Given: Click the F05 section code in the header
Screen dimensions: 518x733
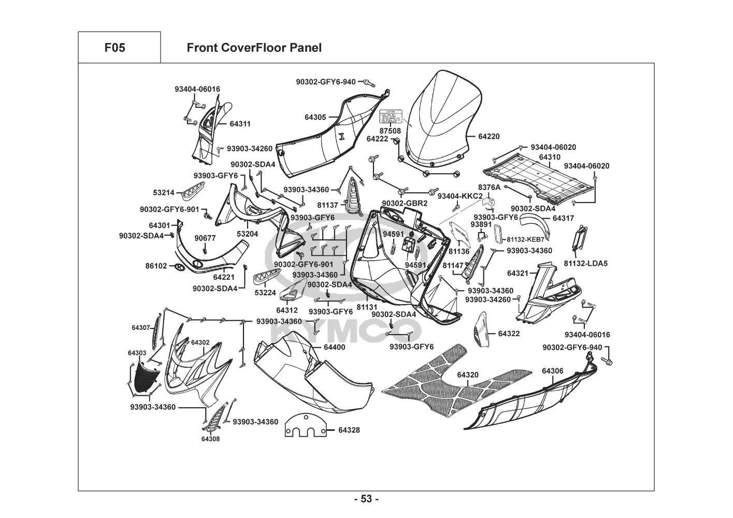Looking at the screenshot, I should point(114,48).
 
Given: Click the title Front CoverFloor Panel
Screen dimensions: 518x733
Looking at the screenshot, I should point(254,48).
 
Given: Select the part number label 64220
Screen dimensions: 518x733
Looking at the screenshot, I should point(488,137).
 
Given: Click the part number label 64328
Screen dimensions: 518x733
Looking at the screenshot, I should point(349,430).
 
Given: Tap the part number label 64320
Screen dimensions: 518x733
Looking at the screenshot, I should point(468,375).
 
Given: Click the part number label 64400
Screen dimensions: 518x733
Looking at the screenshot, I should point(334,347).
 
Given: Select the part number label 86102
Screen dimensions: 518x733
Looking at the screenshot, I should point(156,266).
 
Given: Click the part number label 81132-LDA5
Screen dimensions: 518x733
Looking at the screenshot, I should point(586,264).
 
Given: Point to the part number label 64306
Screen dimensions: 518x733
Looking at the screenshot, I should point(553,371).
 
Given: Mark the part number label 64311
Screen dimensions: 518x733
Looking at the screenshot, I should point(240,124).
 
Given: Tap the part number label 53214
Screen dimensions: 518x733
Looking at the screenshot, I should point(163,192).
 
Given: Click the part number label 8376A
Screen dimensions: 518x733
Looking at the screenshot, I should point(489,187).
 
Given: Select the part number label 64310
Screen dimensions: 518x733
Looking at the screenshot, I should point(550,157).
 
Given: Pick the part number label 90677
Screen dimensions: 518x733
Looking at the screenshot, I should point(205,238).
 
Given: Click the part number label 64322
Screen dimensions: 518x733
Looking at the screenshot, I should point(509,334).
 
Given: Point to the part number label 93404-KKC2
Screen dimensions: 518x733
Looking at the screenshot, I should point(460,196).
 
